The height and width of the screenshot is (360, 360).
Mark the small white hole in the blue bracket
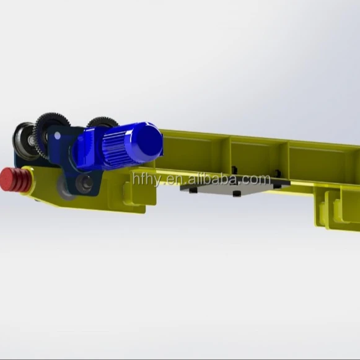pyautogui.click(x=58, y=134)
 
